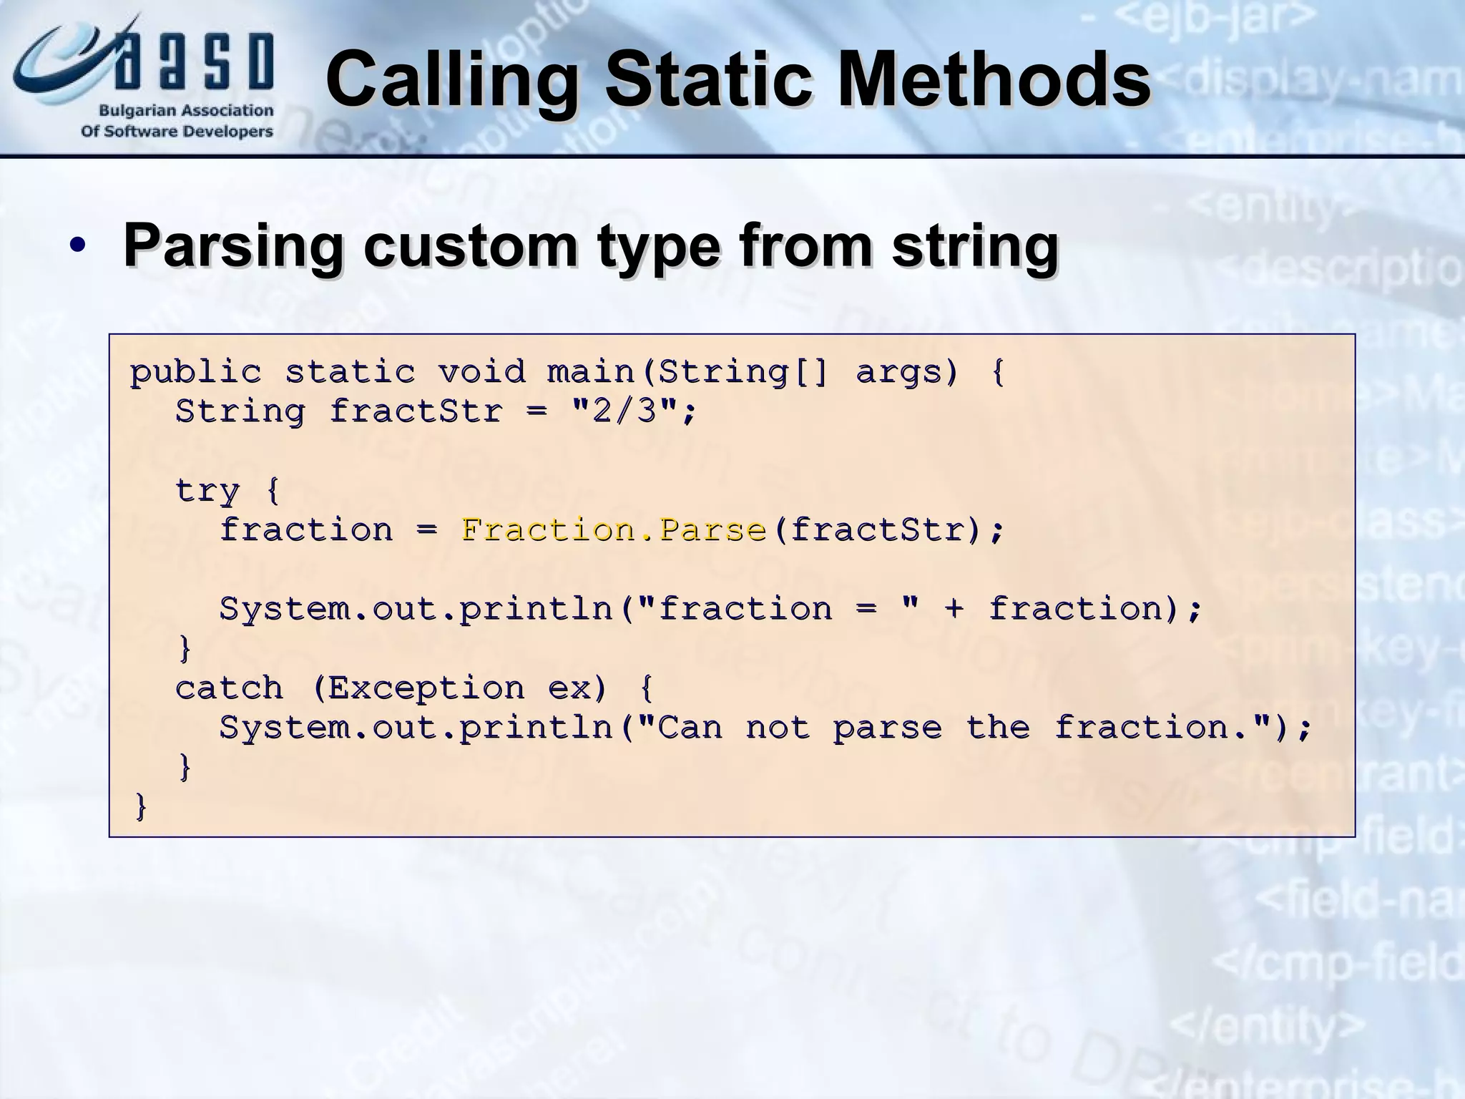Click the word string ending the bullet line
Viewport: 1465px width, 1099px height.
coord(974,246)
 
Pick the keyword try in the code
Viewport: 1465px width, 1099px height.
coord(207,491)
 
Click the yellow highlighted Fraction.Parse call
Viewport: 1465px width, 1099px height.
coord(614,530)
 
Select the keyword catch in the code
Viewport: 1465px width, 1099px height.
coord(229,688)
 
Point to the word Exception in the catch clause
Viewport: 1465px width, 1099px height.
coord(426,688)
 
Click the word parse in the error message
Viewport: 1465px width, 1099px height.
coord(887,728)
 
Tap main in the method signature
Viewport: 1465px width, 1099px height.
coord(591,372)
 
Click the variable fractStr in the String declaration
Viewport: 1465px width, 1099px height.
coord(416,411)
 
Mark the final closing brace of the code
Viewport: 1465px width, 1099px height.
coord(141,807)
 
